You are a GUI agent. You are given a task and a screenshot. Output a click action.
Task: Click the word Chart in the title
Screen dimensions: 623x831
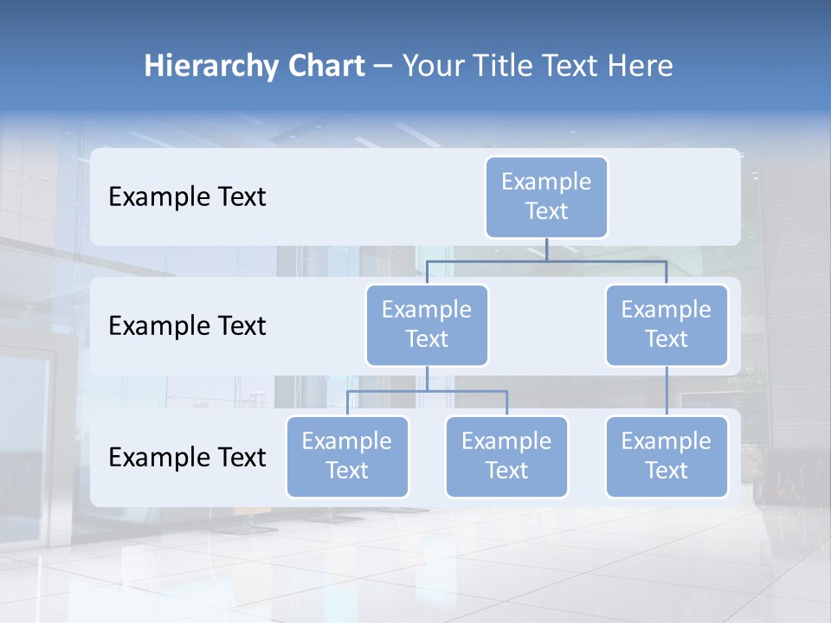[x=324, y=66]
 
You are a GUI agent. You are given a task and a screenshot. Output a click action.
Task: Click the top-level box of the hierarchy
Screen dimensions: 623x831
[x=546, y=196]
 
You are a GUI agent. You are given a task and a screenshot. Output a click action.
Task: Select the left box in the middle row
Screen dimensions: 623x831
[x=427, y=324]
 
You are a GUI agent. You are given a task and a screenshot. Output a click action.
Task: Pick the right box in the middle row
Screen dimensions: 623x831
[x=667, y=324]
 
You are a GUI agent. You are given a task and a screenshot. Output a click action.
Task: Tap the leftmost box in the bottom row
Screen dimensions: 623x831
[x=347, y=456]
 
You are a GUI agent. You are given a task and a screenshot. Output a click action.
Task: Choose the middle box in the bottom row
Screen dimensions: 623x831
[x=506, y=456]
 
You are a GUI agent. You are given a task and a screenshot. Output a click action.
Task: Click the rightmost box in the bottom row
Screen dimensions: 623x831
[x=667, y=456]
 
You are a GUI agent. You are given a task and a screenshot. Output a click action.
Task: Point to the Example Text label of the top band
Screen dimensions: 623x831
[x=187, y=196]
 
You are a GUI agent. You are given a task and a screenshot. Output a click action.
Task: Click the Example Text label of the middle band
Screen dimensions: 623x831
[x=187, y=325]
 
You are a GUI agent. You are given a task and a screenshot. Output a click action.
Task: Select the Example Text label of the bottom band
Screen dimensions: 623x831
[x=187, y=457]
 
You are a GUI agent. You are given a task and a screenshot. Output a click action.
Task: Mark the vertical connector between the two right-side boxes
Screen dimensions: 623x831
[x=667, y=391]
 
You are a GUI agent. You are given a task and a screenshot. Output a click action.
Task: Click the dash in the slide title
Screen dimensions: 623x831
[x=383, y=67]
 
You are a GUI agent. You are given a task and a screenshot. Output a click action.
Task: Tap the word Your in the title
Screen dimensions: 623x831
[x=432, y=66]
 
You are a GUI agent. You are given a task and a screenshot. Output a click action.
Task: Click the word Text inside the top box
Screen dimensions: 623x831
[x=546, y=211]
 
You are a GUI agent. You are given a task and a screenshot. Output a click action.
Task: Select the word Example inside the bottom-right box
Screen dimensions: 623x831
[x=667, y=441]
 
